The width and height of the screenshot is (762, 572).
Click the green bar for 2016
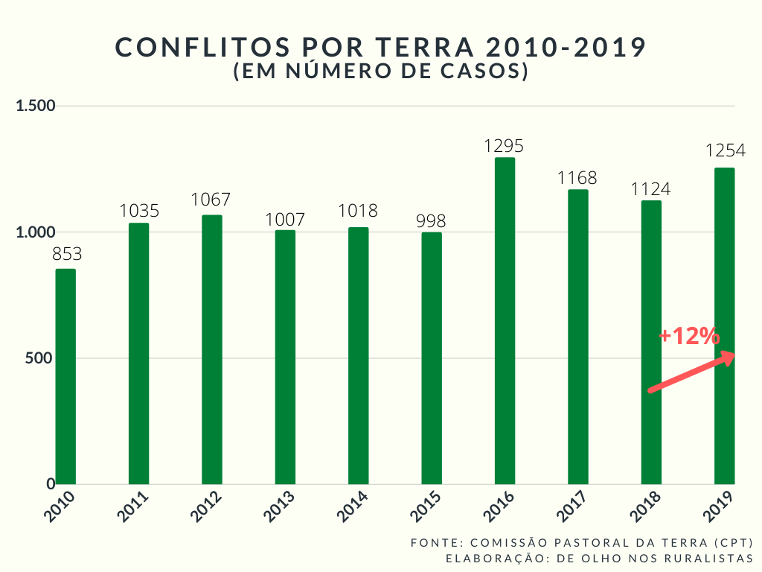pyautogui.click(x=505, y=320)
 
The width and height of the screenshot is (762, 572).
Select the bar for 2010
pyautogui.click(x=65, y=376)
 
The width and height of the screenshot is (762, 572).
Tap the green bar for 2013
pyautogui.click(x=285, y=357)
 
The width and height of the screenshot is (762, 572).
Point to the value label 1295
pyautogui.click(x=505, y=146)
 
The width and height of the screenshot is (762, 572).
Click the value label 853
pyautogui.click(x=66, y=254)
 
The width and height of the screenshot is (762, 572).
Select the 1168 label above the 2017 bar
pyautogui.click(x=577, y=179)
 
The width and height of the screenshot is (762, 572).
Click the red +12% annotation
pyautogui.click(x=689, y=337)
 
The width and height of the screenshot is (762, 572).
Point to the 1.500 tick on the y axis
pyautogui.click(x=36, y=106)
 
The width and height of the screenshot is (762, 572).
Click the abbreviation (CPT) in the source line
pyautogui.click(x=733, y=542)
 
